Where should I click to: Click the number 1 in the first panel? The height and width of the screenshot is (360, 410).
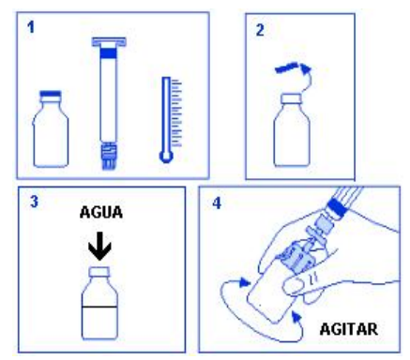(31, 28)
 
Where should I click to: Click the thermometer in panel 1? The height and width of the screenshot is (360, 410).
(167, 117)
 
